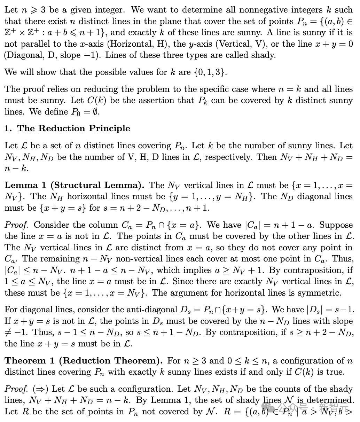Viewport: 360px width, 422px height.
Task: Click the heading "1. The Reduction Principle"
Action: (67, 128)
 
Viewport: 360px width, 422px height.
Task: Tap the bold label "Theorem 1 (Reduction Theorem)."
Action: (84, 361)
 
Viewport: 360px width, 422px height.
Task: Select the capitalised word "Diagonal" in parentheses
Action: (22, 55)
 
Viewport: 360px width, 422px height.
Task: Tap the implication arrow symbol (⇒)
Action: (41, 389)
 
